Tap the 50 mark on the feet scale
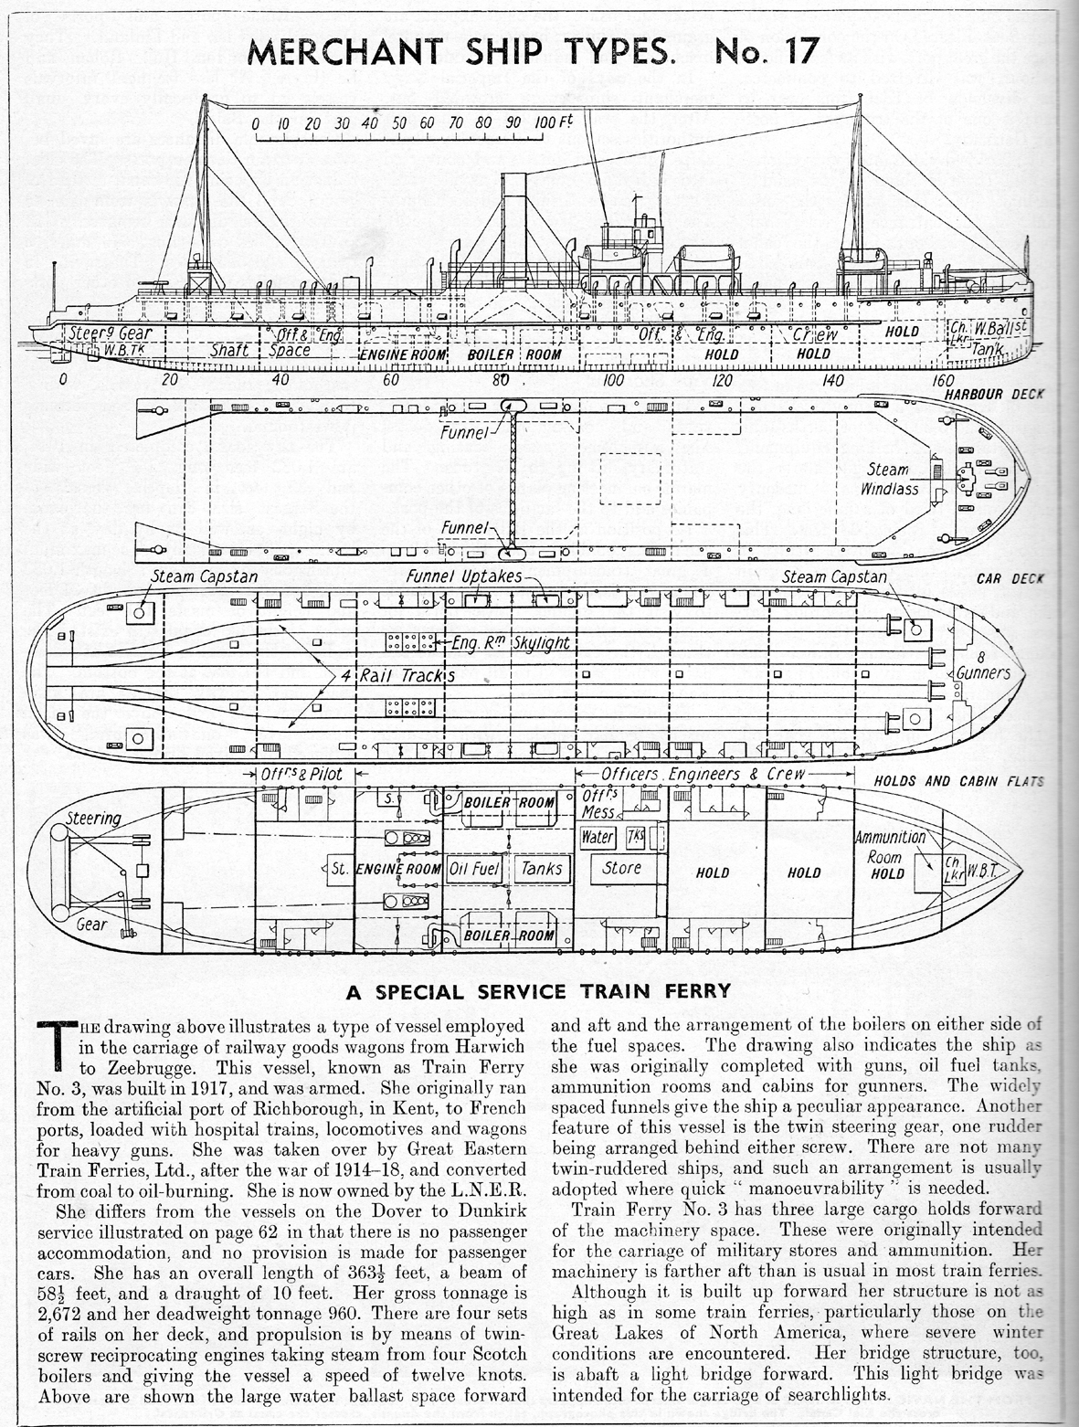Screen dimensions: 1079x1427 point(399,123)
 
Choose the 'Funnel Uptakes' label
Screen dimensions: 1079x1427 point(463,576)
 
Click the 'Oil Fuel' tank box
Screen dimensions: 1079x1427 point(474,869)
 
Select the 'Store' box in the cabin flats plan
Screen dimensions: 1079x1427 point(622,868)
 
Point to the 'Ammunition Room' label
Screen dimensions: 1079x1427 point(889,847)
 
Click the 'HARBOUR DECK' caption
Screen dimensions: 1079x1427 point(994,394)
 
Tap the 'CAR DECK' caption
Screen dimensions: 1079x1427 point(1010,578)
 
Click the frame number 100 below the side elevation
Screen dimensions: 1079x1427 point(613,380)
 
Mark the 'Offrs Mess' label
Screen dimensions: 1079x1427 point(599,803)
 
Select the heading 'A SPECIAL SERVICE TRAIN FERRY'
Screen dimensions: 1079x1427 point(538,991)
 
